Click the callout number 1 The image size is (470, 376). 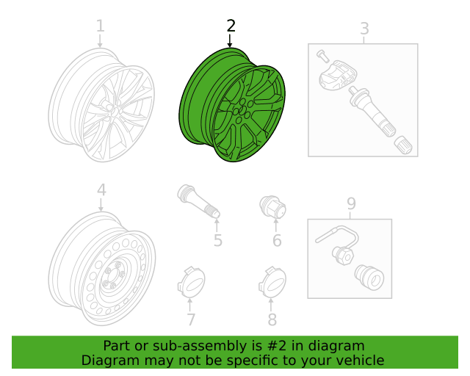(101, 26)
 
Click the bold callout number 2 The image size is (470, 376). (231, 26)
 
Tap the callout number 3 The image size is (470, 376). (364, 29)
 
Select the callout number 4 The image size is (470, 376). (101, 190)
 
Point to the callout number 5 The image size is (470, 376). (218, 240)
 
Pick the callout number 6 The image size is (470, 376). (277, 240)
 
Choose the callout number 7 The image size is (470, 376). (191, 319)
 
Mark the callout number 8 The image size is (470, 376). (272, 319)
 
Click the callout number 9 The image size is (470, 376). (351, 204)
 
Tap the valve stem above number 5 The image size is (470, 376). (199, 201)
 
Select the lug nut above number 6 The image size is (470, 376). (272, 206)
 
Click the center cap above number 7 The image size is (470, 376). (191, 281)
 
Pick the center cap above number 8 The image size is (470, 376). (272, 281)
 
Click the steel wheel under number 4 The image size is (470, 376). (102, 268)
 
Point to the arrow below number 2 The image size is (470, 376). (230, 41)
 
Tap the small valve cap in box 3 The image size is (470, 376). (403, 145)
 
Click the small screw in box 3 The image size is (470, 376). (322, 56)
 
